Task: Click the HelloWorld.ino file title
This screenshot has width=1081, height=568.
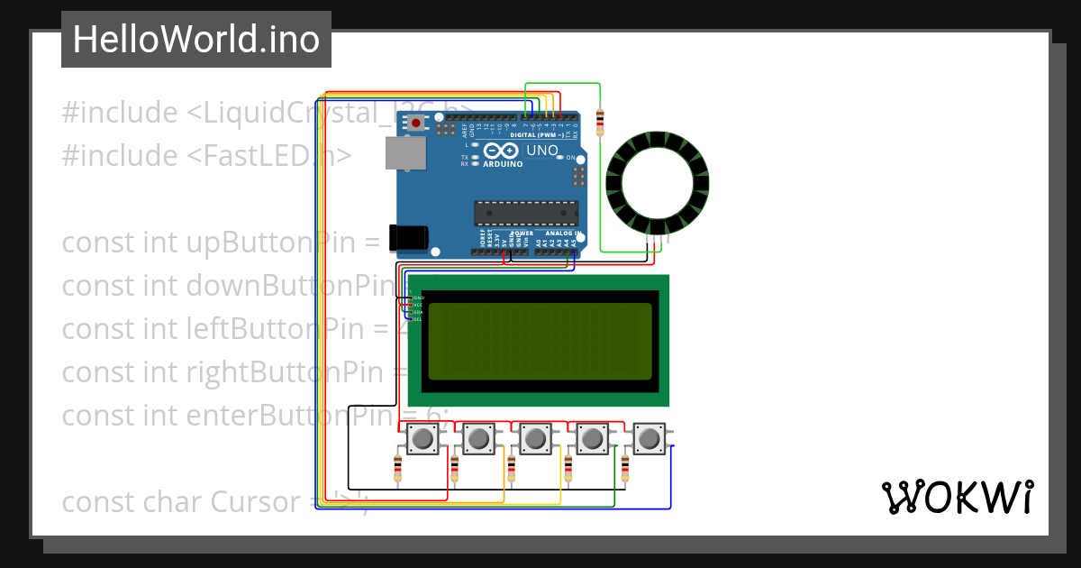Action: (195, 40)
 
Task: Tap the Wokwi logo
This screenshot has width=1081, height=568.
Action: (957, 497)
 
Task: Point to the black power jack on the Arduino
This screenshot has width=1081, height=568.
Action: (407, 237)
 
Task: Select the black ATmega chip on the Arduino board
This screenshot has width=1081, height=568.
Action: (526, 213)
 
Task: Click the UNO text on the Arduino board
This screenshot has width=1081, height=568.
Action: (542, 151)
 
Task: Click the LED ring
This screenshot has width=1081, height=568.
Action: (658, 181)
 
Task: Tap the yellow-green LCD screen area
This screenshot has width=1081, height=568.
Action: (540, 341)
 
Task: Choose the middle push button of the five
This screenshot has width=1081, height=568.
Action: (536, 439)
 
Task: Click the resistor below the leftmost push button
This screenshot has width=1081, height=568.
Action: (398, 468)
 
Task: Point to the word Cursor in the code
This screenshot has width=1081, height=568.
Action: (256, 501)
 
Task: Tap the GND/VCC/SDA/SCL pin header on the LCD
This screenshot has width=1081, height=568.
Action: (415, 307)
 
